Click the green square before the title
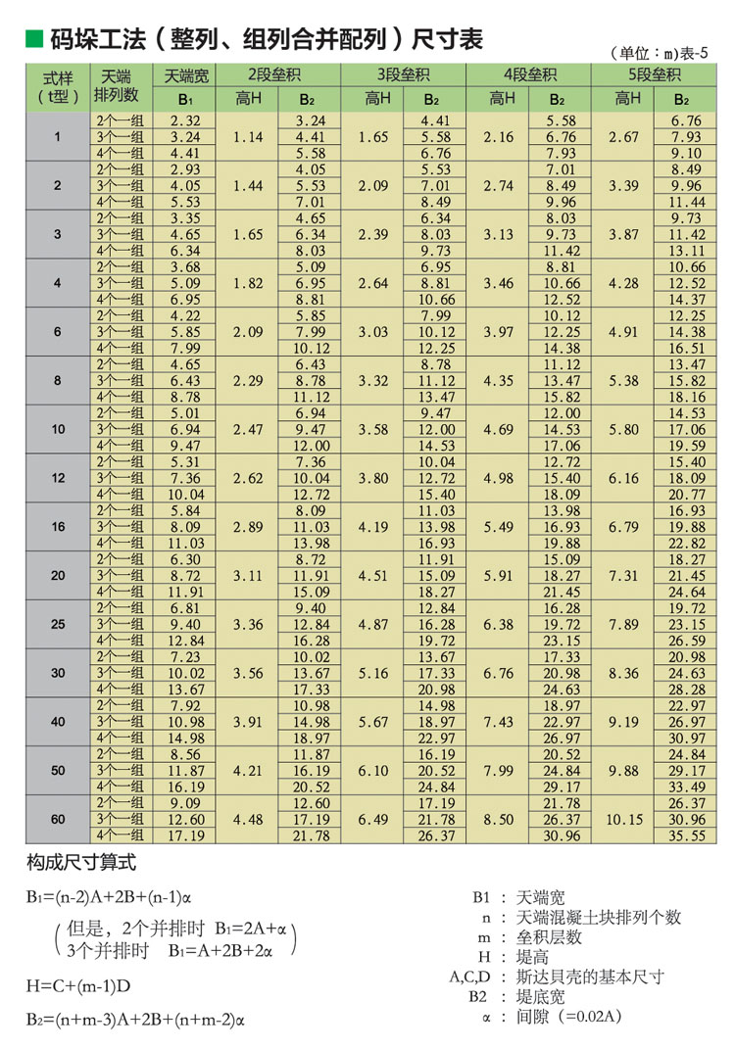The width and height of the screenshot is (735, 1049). [x=33, y=40]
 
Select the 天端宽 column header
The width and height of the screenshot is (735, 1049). [x=185, y=74]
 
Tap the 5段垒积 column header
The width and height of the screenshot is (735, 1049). [x=651, y=74]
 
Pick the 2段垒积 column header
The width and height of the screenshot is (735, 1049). [x=279, y=74]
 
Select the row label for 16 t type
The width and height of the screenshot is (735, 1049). [x=58, y=527]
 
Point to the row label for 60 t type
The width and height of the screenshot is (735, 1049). [x=58, y=820]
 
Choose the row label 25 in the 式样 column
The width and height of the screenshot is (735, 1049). [x=58, y=624]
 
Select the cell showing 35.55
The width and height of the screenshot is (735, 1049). [x=685, y=835]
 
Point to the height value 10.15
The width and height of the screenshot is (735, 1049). [x=623, y=820]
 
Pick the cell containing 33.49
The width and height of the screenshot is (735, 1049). [x=685, y=787]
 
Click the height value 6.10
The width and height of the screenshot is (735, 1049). [x=373, y=771]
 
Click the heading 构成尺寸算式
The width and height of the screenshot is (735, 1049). [x=80, y=862]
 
